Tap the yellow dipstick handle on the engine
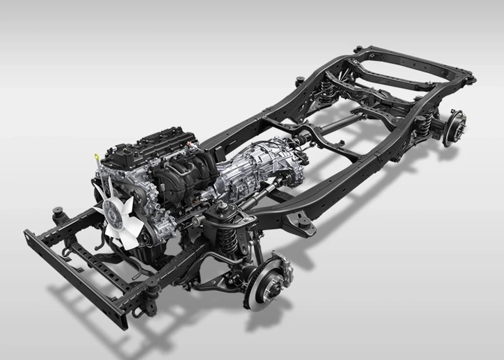click(97, 157)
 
